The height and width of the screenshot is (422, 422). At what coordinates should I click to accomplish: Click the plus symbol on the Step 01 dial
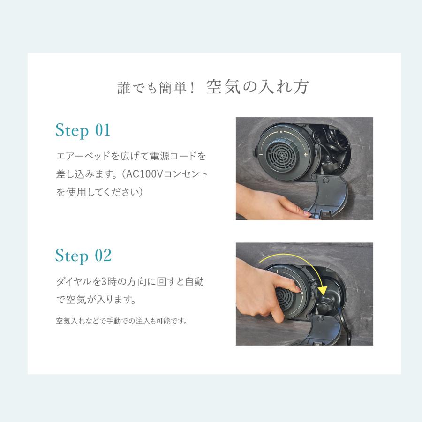[x=305, y=155]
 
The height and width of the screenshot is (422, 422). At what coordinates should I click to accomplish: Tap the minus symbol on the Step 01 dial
[x=261, y=154]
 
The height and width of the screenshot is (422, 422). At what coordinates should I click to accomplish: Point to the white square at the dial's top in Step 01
[x=281, y=132]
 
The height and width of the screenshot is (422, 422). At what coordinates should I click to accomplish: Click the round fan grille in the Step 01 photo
[x=281, y=155]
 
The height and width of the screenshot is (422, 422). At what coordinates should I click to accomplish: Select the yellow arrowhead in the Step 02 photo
[x=322, y=291]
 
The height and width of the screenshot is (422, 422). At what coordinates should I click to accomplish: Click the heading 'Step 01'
[x=83, y=130]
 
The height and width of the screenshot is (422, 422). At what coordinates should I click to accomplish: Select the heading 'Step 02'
[x=83, y=256]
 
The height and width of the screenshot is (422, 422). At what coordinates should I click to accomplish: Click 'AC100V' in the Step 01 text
[x=144, y=174]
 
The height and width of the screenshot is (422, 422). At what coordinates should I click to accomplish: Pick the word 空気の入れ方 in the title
[x=257, y=87]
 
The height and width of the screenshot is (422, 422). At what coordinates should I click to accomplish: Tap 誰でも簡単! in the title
[x=156, y=88]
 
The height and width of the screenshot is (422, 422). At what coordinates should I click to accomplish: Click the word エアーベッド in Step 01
[x=83, y=156]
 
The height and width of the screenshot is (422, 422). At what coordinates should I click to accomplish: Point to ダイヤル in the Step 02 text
[x=74, y=281]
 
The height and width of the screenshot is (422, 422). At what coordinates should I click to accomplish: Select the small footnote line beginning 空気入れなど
[x=121, y=321]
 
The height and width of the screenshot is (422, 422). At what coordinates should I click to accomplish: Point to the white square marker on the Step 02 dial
[x=302, y=292]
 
